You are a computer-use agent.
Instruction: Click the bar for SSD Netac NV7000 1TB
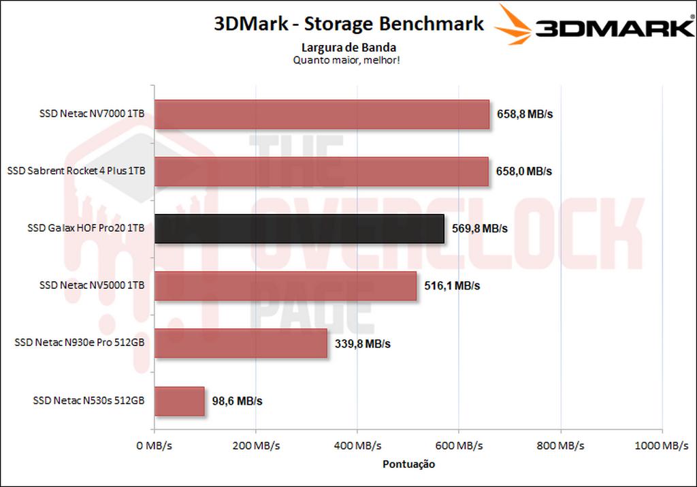322,114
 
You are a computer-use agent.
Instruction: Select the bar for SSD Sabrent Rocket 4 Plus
321,172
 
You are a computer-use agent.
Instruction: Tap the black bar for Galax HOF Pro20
299,229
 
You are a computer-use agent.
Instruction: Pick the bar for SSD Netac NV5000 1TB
285,286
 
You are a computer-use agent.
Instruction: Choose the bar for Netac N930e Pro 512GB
241,343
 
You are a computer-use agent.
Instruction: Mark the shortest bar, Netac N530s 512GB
180,400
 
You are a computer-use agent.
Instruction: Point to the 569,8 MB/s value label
480,229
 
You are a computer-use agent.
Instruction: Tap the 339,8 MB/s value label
363,344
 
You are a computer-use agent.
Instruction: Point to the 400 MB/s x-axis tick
357,446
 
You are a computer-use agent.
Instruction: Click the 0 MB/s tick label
155,446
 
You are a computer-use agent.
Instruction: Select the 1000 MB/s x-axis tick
661,446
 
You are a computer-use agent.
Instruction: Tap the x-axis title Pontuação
408,464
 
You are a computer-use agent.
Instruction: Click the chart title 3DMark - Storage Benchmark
348,24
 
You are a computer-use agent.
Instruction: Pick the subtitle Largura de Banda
348,48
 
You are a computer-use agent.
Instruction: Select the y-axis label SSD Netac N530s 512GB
88,401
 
